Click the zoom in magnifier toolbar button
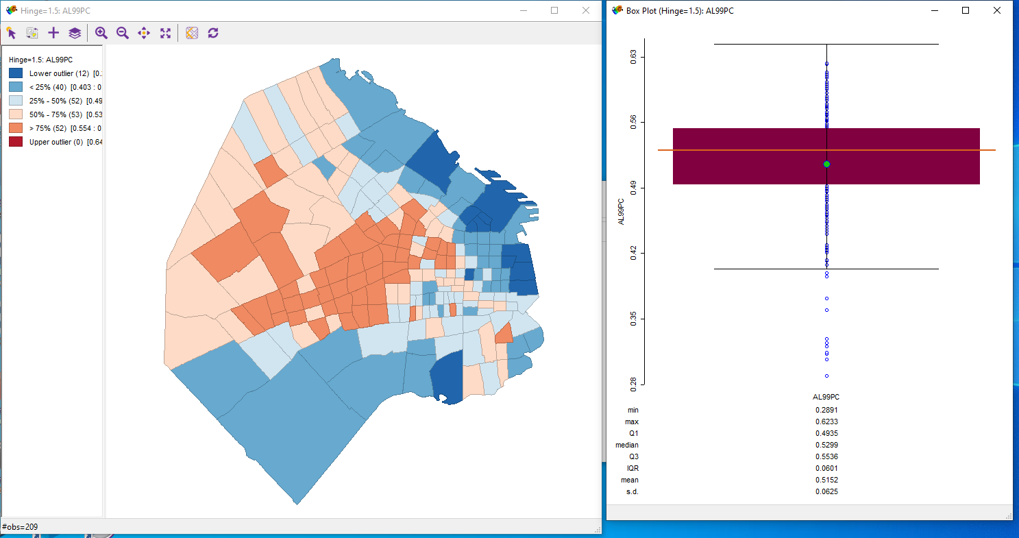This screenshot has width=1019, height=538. [101, 33]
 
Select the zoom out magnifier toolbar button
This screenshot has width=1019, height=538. [123, 33]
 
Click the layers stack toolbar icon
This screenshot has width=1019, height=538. [75, 33]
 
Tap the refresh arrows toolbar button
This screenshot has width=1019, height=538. [213, 33]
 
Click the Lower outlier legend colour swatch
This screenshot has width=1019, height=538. [16, 73]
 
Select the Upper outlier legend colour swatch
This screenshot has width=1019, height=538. [16, 142]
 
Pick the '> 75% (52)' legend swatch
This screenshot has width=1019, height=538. [16, 128]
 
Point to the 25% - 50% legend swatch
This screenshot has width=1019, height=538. [16, 101]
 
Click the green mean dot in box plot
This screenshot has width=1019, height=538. [827, 164]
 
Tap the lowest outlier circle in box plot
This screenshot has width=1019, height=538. [827, 376]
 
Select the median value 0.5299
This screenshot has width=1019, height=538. [826, 445]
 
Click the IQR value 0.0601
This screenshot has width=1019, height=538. [826, 468]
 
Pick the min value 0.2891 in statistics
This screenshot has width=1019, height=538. [826, 410]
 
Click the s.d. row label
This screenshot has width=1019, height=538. [632, 491]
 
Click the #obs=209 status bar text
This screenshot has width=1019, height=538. [21, 526]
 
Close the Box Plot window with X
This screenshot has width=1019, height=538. [996, 10]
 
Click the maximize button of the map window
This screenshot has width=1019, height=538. [554, 10]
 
